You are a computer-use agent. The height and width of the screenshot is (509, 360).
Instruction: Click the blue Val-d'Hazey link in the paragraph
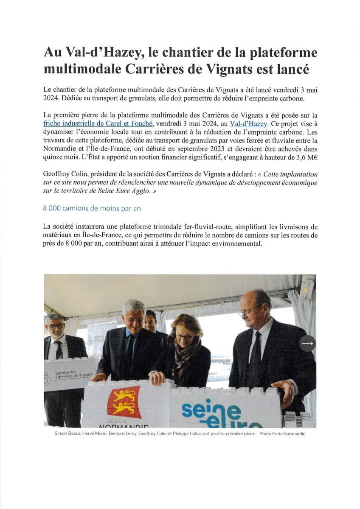pos(248,124)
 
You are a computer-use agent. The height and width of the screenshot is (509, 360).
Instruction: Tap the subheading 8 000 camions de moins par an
pos(92,208)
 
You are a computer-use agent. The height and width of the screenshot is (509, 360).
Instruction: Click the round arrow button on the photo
pos(307,344)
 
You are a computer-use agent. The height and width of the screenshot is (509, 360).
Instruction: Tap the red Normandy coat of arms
pos(124,401)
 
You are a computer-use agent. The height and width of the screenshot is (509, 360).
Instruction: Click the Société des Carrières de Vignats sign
pos(69,375)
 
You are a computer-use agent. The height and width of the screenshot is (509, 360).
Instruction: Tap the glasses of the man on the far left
pos(56,326)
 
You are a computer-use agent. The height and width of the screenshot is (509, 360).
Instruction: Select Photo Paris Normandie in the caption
pos(284,434)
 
